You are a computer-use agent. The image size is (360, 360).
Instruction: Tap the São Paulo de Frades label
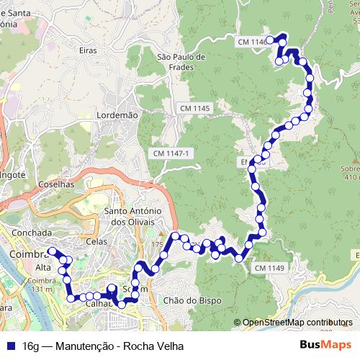point(181,62)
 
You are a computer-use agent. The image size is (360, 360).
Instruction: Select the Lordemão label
point(116,114)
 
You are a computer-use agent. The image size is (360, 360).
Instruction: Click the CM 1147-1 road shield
point(171,154)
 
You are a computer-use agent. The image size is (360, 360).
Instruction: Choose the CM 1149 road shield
point(269,268)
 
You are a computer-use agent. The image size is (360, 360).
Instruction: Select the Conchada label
point(32,233)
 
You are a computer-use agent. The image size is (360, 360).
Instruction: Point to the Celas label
point(96,242)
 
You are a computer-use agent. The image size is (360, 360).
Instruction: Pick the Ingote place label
point(13,174)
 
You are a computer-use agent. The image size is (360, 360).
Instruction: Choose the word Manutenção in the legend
point(84,346)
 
